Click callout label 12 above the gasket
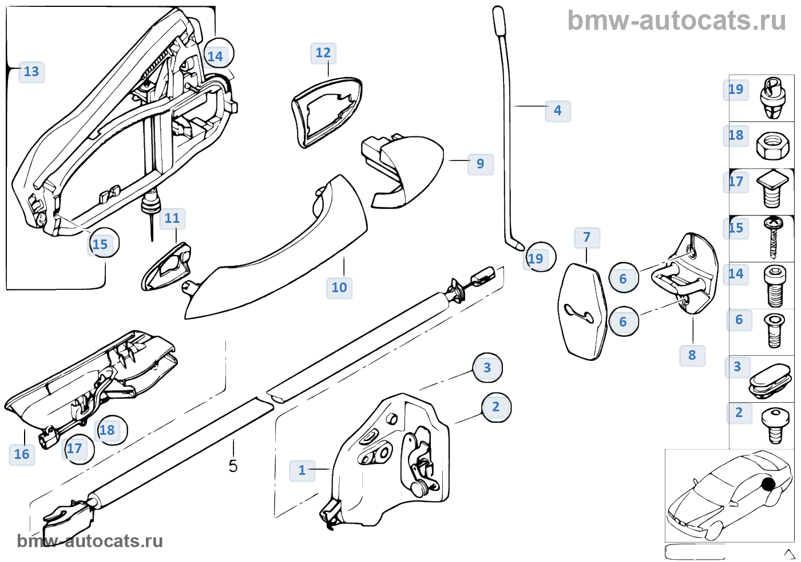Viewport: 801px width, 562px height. pyautogui.click(x=323, y=53)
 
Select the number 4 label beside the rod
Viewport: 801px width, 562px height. pyautogui.click(x=558, y=111)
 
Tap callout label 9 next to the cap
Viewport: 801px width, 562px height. pyautogui.click(x=481, y=164)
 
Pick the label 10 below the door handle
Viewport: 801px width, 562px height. pyautogui.click(x=339, y=288)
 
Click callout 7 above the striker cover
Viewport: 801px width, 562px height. pyautogui.click(x=587, y=237)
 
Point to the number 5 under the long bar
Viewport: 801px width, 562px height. pyautogui.click(x=233, y=466)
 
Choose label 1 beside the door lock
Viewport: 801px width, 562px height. pyautogui.click(x=302, y=470)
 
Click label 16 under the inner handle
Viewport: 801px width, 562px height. pyautogui.click(x=22, y=454)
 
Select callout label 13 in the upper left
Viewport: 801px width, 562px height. pyautogui.click(x=31, y=72)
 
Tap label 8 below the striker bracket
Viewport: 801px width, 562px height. pyautogui.click(x=692, y=355)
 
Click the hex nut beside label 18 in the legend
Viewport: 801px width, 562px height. pyautogui.click(x=772, y=146)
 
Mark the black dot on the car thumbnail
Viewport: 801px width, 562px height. pyautogui.click(x=768, y=484)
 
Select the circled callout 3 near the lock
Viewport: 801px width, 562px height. pyautogui.click(x=487, y=368)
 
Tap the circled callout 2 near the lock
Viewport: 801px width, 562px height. pyautogui.click(x=496, y=407)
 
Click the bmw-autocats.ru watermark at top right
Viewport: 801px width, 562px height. pyautogui.click(x=676, y=21)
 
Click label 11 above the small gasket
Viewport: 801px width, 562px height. pyautogui.click(x=172, y=218)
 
